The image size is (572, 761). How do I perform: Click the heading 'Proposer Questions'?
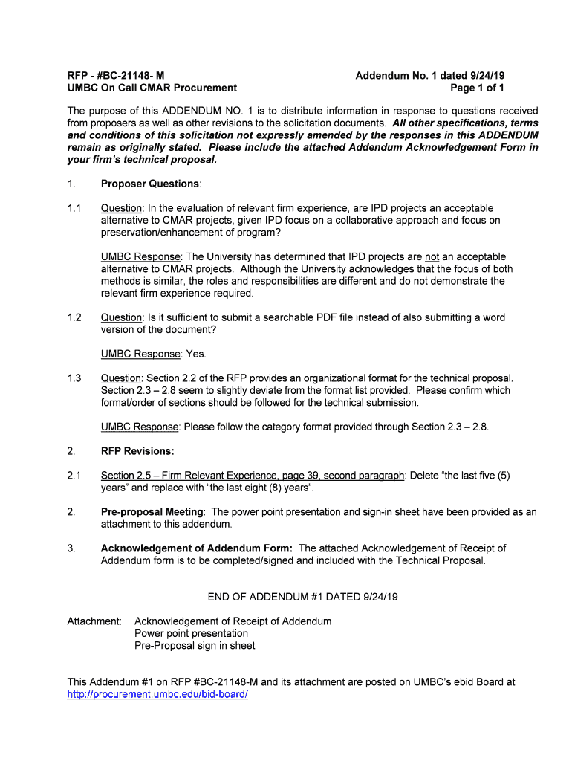150,184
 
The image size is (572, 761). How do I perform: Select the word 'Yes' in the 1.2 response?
195,354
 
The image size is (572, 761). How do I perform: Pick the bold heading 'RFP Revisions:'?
137,451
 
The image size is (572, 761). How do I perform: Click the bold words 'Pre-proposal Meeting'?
152,512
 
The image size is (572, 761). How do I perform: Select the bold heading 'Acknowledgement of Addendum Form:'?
196,548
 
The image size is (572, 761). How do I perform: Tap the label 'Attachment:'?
94,621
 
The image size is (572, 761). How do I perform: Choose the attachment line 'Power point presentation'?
191,633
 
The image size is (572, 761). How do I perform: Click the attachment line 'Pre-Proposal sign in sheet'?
195,646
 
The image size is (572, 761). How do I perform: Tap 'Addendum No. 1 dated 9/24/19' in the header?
430,75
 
